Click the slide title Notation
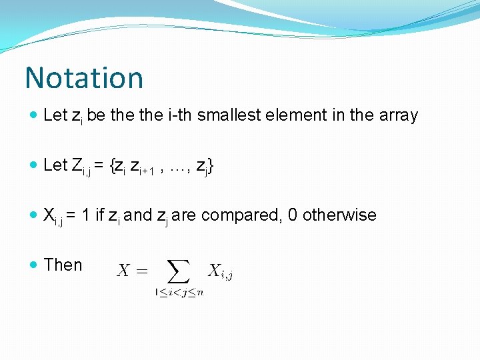84,77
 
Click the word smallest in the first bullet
230,115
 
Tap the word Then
63,265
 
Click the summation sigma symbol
178,272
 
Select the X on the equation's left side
123,271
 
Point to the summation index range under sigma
179,292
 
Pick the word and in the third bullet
138,215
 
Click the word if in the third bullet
101,215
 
